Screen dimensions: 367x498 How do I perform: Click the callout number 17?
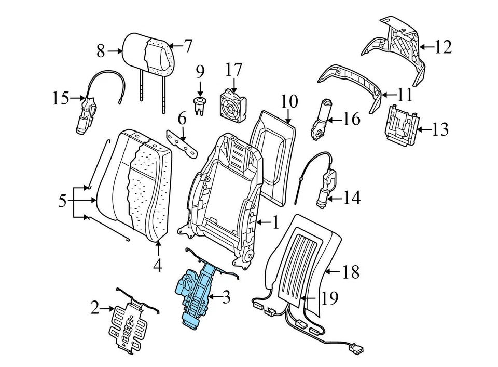pyautogui.click(x=234, y=69)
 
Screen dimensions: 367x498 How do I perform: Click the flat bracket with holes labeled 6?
pyautogui.click(x=183, y=141)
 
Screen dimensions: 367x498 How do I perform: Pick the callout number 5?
pyautogui.click(x=63, y=201)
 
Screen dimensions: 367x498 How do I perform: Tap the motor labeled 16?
pyautogui.click(x=322, y=119)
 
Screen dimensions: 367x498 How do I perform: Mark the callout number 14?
pyautogui.click(x=351, y=198)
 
